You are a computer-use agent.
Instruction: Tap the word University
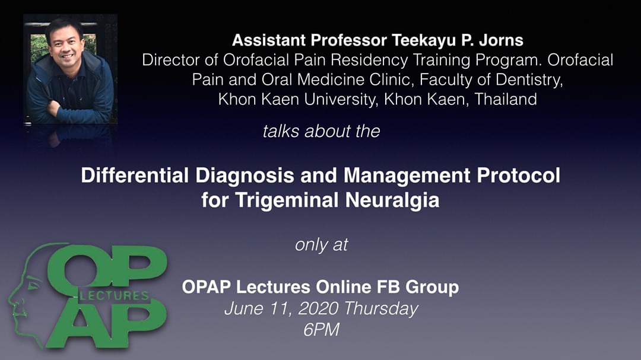342,99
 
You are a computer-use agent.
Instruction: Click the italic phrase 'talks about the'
321,131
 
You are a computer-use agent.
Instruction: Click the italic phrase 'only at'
321,244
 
